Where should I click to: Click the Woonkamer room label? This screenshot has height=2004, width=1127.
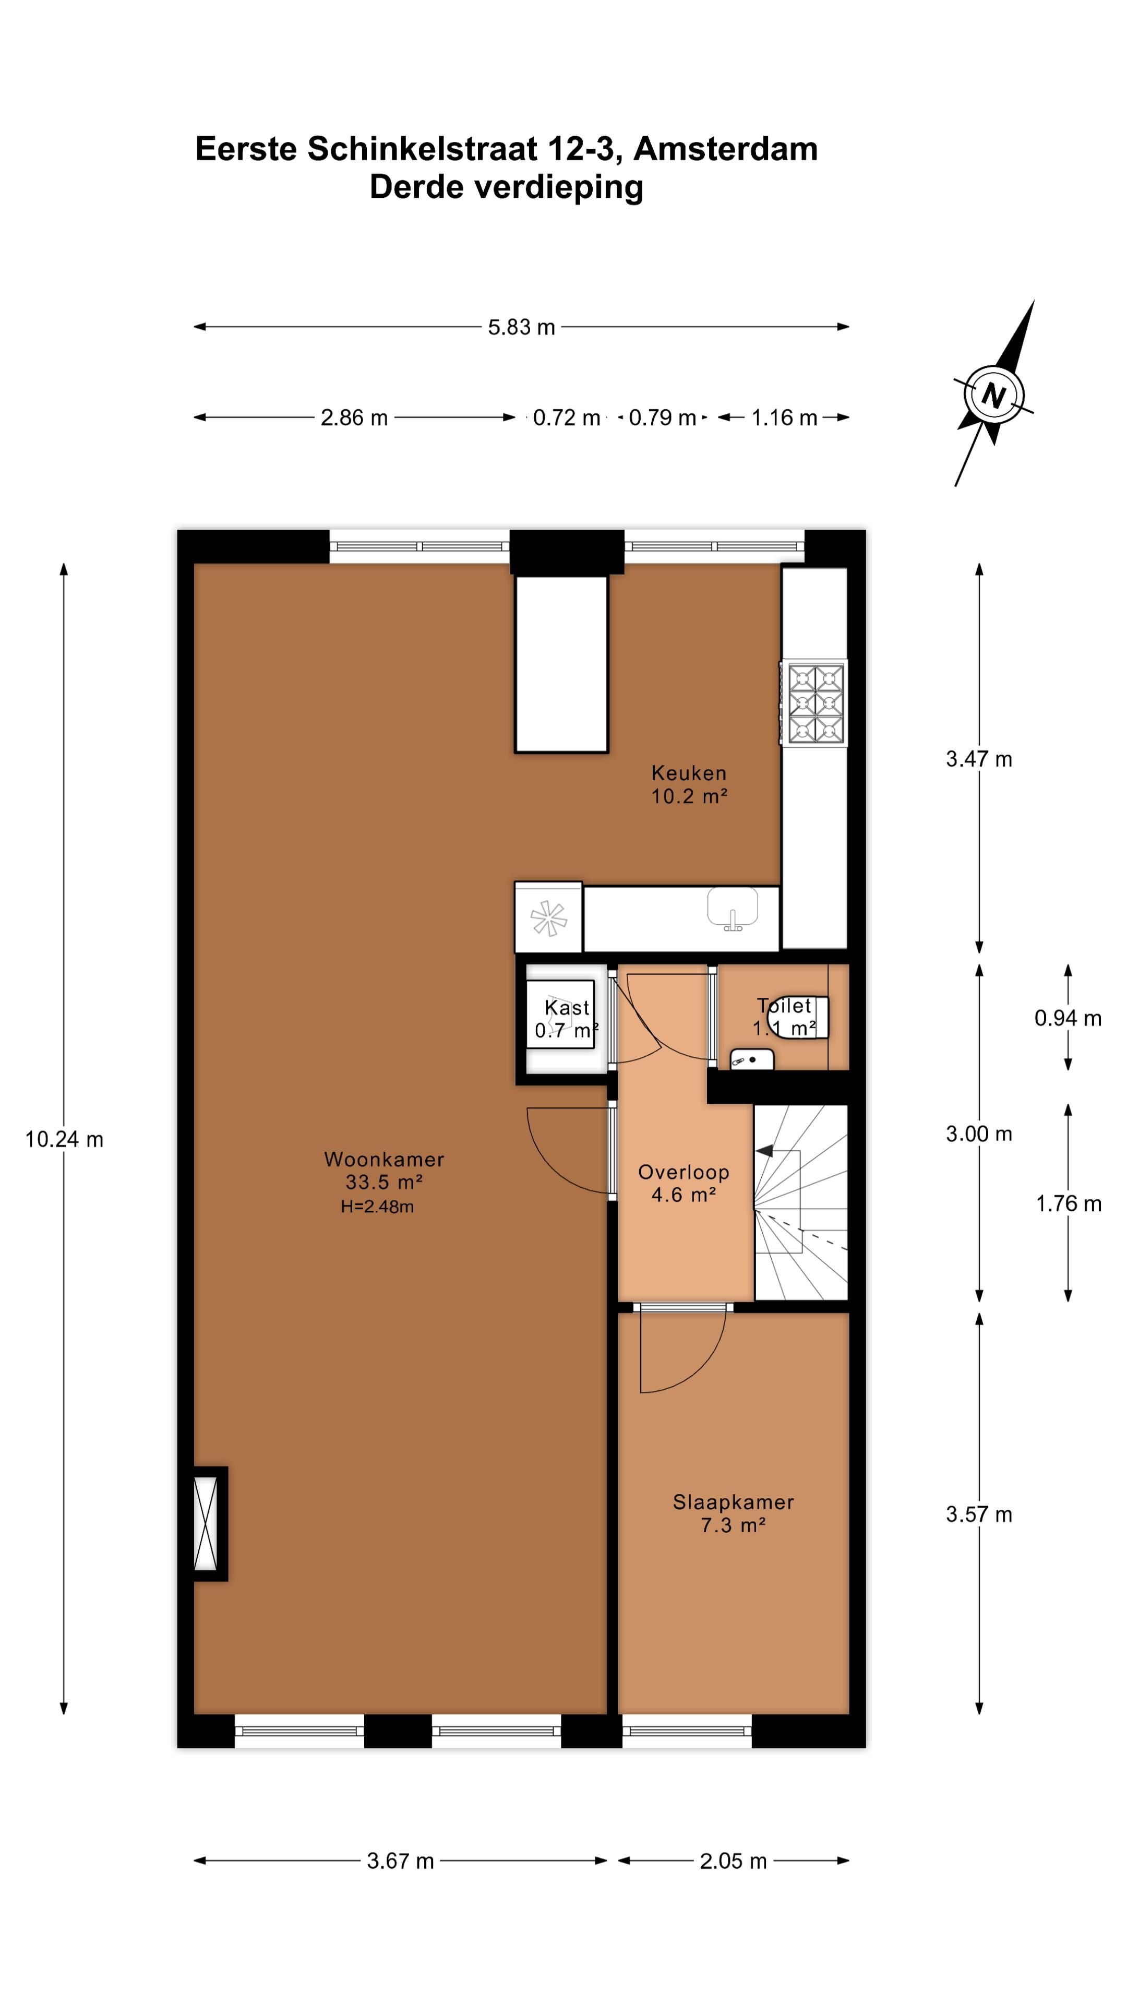click(x=384, y=1159)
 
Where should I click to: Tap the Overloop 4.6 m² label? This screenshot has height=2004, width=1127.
click(x=684, y=1183)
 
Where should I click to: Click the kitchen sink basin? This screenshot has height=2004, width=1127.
click(x=732, y=907)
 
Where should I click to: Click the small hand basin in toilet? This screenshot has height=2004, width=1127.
click(x=751, y=1059)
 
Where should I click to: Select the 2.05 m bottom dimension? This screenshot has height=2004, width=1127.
click(x=733, y=1862)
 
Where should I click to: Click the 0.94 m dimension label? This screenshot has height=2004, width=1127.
click(x=1067, y=1018)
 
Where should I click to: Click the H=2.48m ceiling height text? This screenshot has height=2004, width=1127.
click(x=377, y=1207)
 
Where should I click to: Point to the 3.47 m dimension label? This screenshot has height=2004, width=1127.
click(x=978, y=759)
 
